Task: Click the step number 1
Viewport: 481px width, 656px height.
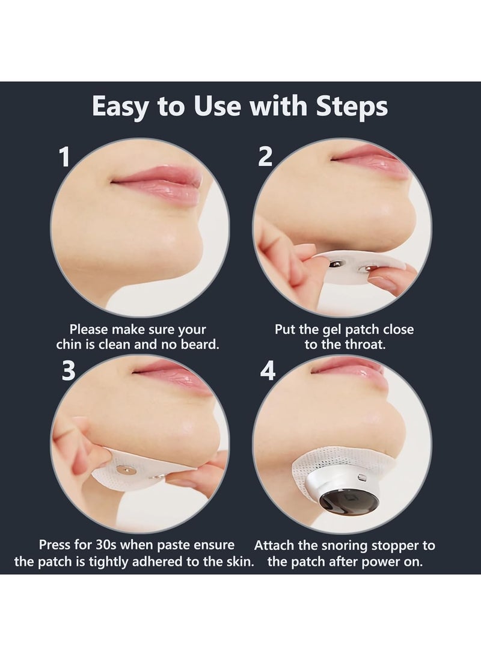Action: tap(65, 158)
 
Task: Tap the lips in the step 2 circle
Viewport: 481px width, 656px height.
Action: tap(367, 155)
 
